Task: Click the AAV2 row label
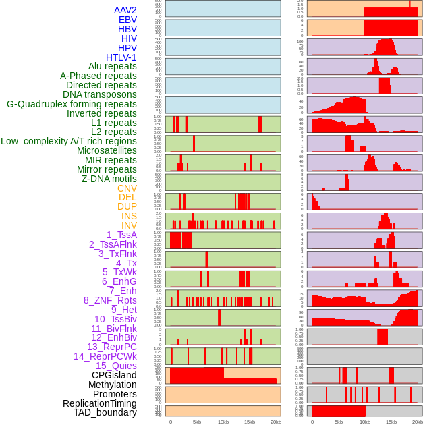tap(125, 10)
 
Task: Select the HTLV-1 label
tap(121, 57)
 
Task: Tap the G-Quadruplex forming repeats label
tap(72, 104)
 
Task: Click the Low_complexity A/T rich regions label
tap(69, 141)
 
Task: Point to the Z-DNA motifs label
tap(109, 179)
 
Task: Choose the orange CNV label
tap(127, 188)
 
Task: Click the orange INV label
tap(129, 225)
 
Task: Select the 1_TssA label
tap(121, 235)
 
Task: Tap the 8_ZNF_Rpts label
tap(110, 300)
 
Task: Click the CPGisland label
tap(114, 375)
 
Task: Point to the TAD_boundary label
tap(105, 412)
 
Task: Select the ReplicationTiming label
tap(100, 403)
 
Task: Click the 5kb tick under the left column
tap(197, 422)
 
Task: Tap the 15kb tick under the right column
tap(391, 422)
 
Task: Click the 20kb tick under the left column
tap(276, 422)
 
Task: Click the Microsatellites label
tap(107, 150)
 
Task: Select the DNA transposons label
tap(100, 94)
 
